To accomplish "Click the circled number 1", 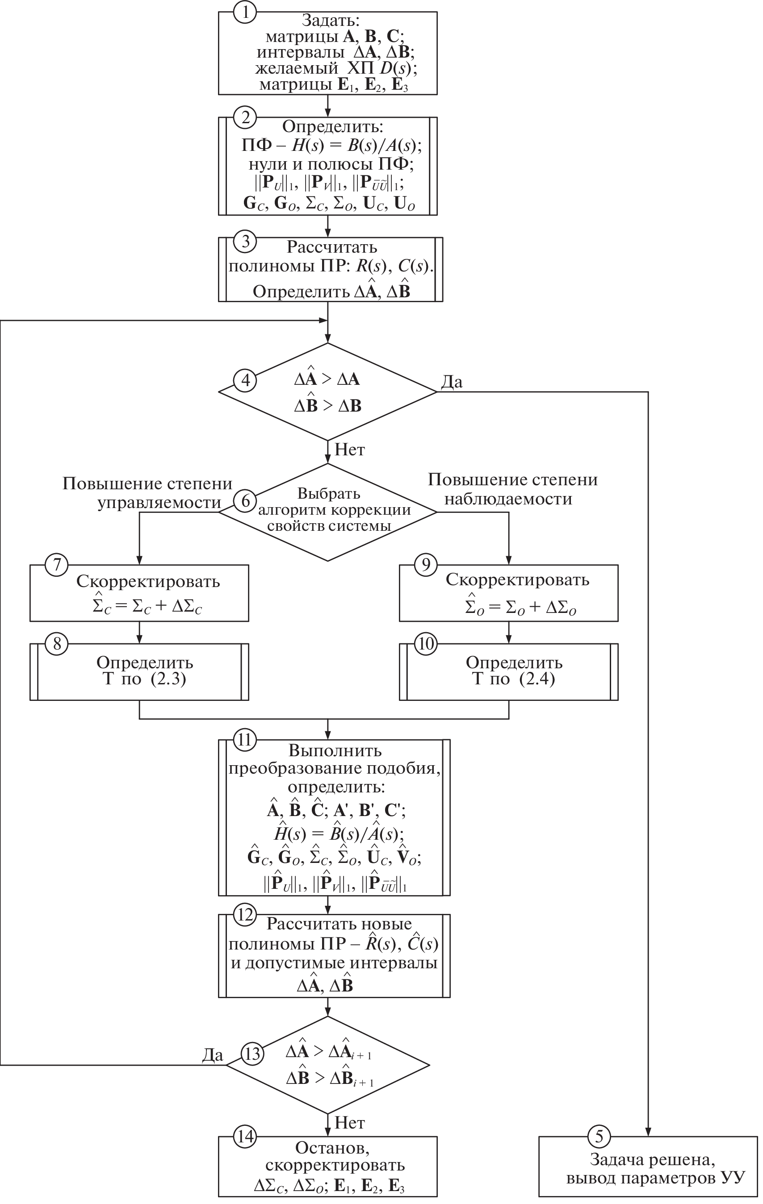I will (x=245, y=12).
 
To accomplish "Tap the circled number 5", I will (x=599, y=1137).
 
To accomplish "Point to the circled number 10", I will (x=426, y=643).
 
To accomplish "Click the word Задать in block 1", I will (x=330, y=21).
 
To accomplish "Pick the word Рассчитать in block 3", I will (x=332, y=247).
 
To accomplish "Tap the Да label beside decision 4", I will (x=452, y=382).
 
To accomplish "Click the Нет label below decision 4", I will (x=350, y=450).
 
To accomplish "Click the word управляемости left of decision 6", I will (x=159, y=503).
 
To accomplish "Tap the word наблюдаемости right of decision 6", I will (x=508, y=499).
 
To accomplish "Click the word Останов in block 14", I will (x=332, y=1147).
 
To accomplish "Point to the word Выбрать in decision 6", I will (x=329, y=493).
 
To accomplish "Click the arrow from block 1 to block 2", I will (x=328, y=105).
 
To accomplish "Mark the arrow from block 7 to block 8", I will (x=139, y=633).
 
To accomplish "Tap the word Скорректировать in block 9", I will (x=517, y=579).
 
